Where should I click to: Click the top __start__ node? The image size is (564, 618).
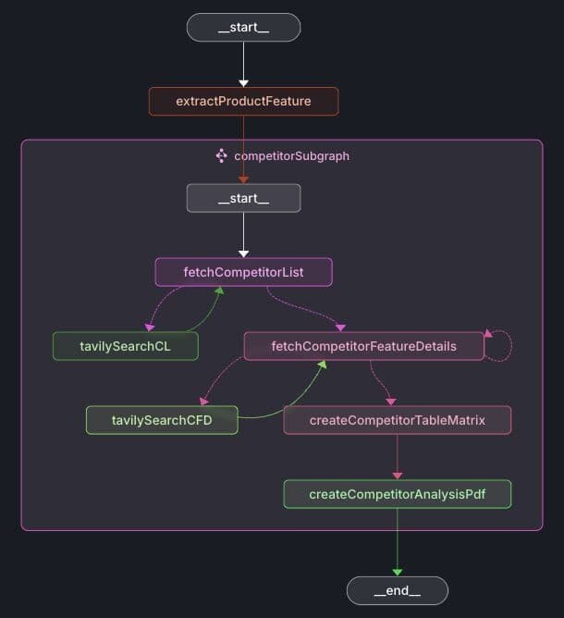(x=243, y=28)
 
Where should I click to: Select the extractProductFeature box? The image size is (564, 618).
(x=243, y=101)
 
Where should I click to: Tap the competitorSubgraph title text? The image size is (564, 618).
(x=291, y=156)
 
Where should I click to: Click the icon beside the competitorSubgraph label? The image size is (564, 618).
(x=222, y=155)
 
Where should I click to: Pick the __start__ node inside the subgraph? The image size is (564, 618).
(x=243, y=198)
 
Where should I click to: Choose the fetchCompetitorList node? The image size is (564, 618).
(x=243, y=273)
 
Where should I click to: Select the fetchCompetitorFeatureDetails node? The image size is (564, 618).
(x=363, y=346)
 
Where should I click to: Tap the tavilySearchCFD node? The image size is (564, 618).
(x=162, y=420)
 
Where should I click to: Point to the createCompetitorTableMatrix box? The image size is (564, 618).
(x=397, y=420)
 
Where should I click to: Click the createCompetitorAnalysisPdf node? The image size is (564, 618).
(x=397, y=494)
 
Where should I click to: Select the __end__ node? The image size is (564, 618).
(x=397, y=590)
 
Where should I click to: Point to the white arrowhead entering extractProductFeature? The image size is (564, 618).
(x=243, y=83)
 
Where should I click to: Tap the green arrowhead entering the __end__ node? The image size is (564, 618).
(x=397, y=573)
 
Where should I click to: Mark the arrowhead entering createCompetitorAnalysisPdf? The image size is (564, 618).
(x=397, y=476)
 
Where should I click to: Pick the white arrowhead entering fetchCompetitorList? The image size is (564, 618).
(x=243, y=253)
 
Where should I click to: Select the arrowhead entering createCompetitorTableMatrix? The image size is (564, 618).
(x=390, y=402)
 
